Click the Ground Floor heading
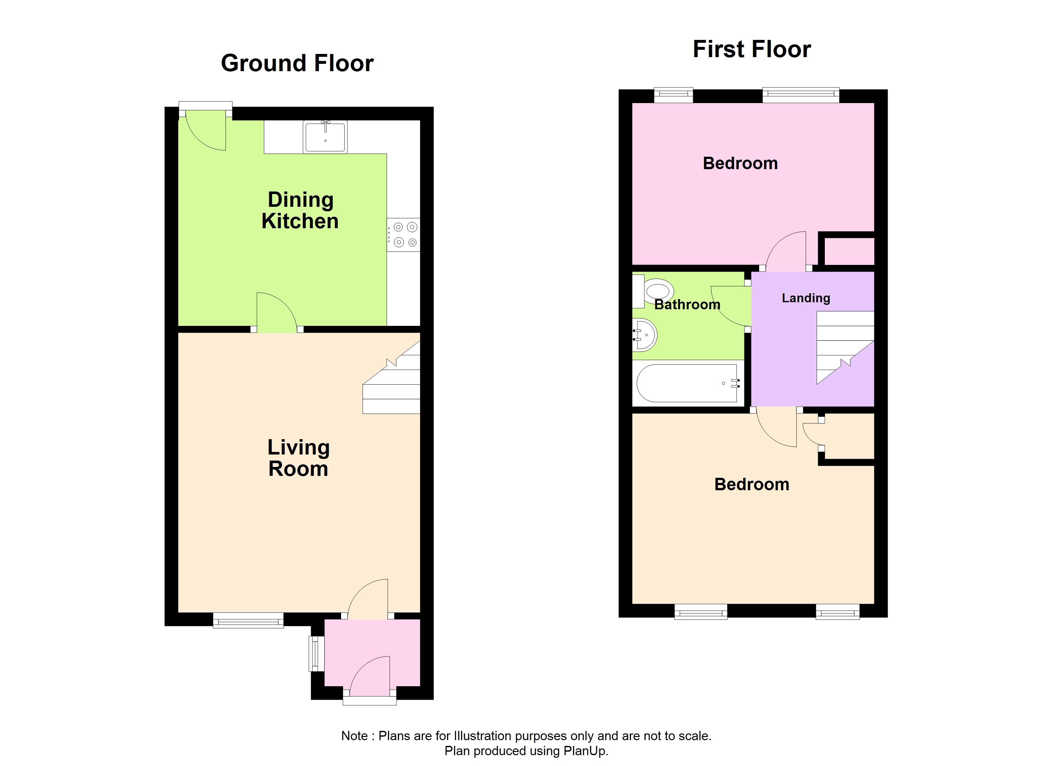tap(297, 63)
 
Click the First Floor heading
tap(752, 49)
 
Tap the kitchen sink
tap(325, 137)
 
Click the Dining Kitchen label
tap(300, 210)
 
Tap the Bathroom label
tap(687, 305)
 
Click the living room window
tap(248, 620)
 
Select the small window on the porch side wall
tap(317, 653)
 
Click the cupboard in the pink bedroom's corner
tap(849, 251)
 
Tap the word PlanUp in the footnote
tap(585, 751)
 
